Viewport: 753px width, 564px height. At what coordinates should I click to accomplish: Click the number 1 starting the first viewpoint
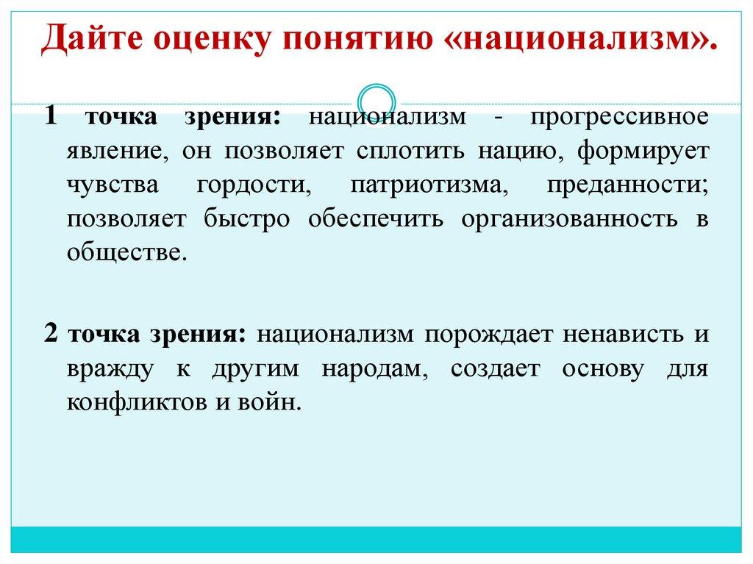tap(50, 117)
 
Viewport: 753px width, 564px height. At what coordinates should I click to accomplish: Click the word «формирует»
tap(642, 151)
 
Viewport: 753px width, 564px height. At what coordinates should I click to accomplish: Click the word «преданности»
tap(627, 185)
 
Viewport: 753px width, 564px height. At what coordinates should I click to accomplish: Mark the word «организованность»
tap(569, 219)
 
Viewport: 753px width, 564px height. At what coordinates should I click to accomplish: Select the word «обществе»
tap(123, 253)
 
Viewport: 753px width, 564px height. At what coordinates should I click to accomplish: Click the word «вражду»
tap(110, 368)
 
